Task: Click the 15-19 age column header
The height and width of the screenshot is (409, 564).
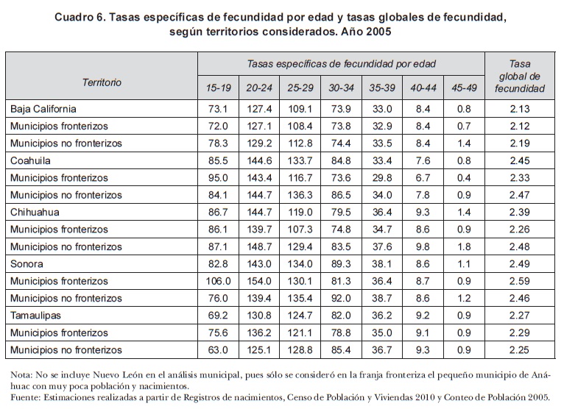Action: pos(219,88)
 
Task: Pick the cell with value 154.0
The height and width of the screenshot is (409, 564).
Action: pos(259,280)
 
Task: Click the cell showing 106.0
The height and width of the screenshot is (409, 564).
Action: pos(219,280)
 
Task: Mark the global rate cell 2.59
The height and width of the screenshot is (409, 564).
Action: pos(520,280)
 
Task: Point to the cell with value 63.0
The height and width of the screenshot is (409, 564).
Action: pos(219,349)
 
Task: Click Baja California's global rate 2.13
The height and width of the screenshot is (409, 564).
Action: pos(520,109)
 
